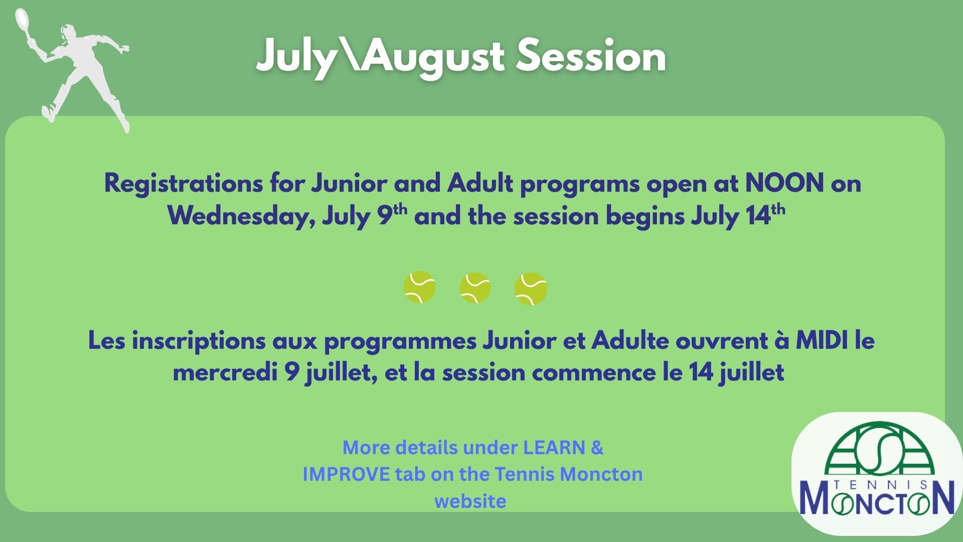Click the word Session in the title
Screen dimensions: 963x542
[591, 56]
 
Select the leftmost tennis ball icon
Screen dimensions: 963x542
[419, 288]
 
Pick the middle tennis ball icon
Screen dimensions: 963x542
[474, 288]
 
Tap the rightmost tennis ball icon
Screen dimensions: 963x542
[531, 289]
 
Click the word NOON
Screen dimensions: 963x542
[784, 183]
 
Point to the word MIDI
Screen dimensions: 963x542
[822, 341]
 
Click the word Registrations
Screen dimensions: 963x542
[183, 184]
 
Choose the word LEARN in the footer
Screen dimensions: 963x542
[554, 447]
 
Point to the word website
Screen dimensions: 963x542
[470, 501]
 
